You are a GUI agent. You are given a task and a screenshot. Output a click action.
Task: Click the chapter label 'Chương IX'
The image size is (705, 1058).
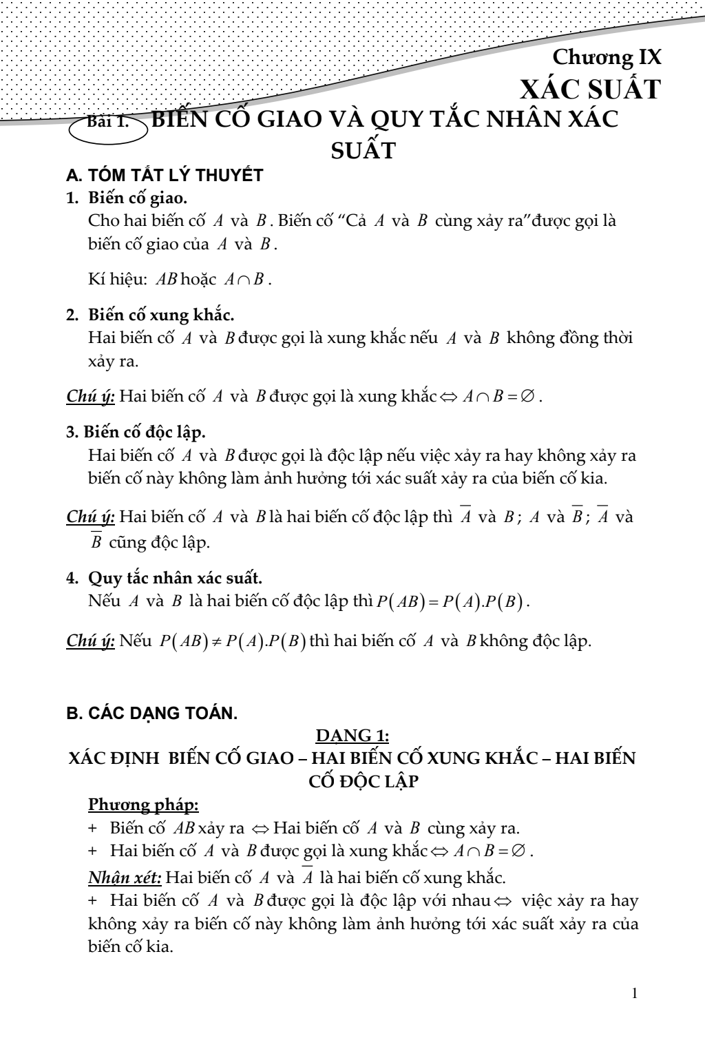pyautogui.click(x=607, y=57)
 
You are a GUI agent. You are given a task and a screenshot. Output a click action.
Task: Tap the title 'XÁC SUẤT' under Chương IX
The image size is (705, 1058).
pyautogui.click(x=590, y=90)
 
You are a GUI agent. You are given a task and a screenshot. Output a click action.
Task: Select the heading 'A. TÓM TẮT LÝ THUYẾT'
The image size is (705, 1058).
pyautogui.click(x=165, y=175)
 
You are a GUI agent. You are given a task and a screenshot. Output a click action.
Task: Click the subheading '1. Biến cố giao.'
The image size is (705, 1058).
pyautogui.click(x=127, y=198)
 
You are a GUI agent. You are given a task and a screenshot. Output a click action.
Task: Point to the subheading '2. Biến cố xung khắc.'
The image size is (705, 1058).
pyautogui.click(x=150, y=315)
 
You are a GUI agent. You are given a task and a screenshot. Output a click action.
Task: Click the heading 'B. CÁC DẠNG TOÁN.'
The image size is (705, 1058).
pyautogui.click(x=151, y=714)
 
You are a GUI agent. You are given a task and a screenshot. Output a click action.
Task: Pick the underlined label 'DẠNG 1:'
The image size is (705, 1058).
pyautogui.click(x=352, y=736)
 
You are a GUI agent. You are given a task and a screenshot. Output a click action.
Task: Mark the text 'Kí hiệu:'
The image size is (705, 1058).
pyautogui.click(x=114, y=280)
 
